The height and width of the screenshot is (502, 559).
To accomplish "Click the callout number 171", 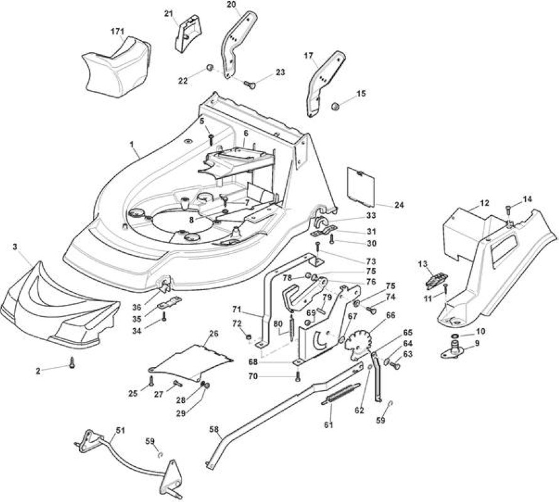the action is (117, 32).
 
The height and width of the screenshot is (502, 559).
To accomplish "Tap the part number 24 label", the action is (399, 205).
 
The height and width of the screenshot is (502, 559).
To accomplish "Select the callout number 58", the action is (214, 430).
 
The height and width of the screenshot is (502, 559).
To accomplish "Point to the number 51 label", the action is (121, 430).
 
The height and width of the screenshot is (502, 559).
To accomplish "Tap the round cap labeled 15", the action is (335, 106).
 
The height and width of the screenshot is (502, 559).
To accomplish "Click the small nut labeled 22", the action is (210, 67).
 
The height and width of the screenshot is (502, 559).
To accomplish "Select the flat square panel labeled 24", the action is (361, 187).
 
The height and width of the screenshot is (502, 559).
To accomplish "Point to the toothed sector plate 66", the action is (357, 344).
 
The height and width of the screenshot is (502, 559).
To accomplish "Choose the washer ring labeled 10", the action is (455, 336).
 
